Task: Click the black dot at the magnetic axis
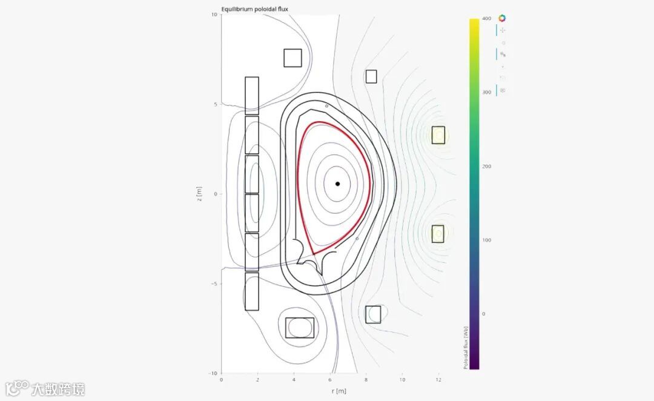[337, 184]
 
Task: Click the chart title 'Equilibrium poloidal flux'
[254, 8]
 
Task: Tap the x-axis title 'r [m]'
[339, 391]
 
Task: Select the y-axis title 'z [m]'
[199, 194]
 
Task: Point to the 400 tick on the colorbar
[487, 18]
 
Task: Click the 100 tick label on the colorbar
[486, 240]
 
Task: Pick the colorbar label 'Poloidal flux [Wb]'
[466, 348]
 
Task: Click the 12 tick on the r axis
[438, 380]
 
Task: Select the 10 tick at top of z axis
[214, 14]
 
